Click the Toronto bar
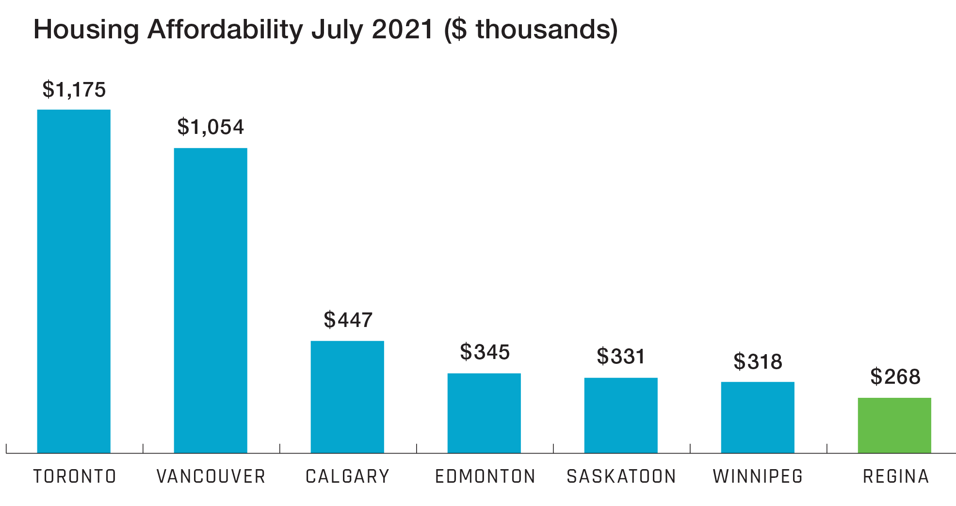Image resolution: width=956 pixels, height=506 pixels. pos(74,281)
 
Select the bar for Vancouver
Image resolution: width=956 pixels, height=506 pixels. pos(211,300)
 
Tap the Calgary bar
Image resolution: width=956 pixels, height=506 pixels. pos(347,396)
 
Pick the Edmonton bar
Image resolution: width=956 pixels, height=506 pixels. pos(484,413)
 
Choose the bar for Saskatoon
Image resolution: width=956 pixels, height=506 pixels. pos(621,415)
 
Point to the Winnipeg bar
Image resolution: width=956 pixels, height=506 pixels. pos(758,417)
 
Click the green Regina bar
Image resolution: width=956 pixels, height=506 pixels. pos(894,425)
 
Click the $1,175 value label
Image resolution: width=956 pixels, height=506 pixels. pos(74,90)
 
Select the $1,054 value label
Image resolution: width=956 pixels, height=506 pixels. pos(211,127)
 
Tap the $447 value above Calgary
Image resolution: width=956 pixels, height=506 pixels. pos(348,320)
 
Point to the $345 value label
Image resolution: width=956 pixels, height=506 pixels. pos(485,352)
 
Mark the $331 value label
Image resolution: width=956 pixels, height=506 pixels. pos(621,357)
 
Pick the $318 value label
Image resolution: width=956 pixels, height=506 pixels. pos(758,362)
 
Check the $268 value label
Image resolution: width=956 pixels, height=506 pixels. pos(895,377)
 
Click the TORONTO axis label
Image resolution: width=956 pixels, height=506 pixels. pos(74,476)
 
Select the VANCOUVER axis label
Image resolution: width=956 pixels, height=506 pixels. pos(211,476)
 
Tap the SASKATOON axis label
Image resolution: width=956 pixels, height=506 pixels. pos(621,476)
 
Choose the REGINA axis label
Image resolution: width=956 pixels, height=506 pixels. pos(895,476)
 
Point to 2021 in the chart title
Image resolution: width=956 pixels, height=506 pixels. pos(402,29)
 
